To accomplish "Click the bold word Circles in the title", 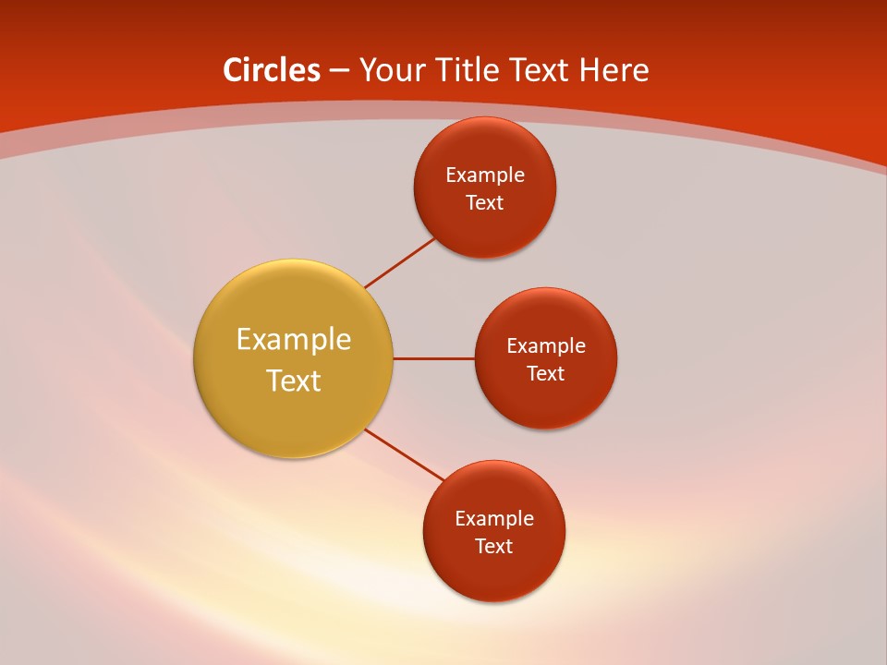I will (x=272, y=70).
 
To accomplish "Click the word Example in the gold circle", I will (x=293, y=339).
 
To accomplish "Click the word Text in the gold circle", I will (x=293, y=381).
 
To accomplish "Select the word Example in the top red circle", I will (x=484, y=175).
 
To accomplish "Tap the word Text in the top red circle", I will (x=484, y=202).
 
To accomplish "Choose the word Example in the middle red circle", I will (x=545, y=345).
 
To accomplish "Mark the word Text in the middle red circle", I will (x=545, y=373).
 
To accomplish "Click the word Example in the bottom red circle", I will (x=493, y=518).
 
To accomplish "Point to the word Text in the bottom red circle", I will (x=493, y=546).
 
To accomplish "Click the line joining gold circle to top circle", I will (x=399, y=262).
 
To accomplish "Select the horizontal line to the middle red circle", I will (x=433, y=358).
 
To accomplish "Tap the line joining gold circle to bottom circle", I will (x=405, y=454).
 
